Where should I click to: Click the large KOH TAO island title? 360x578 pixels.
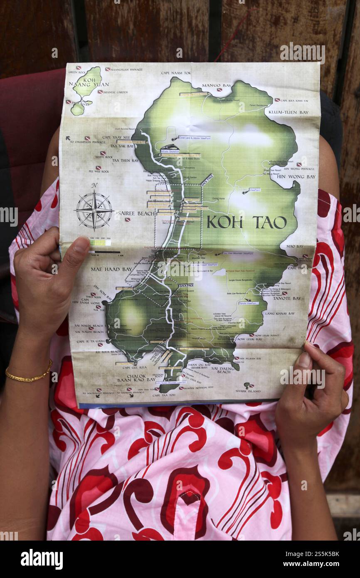click(247, 222)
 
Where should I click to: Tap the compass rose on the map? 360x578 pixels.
click(94, 210)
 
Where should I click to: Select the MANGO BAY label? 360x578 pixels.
click(216, 86)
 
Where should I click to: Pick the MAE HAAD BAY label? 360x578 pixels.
click(111, 269)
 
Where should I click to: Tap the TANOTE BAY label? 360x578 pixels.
click(287, 298)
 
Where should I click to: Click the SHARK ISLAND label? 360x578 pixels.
click(248, 391)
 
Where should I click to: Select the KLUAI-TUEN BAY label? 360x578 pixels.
click(288, 112)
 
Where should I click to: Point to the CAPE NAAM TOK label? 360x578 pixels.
click(176, 73)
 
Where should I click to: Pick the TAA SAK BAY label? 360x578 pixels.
click(122, 146)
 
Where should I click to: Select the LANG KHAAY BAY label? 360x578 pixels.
click(280, 313)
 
